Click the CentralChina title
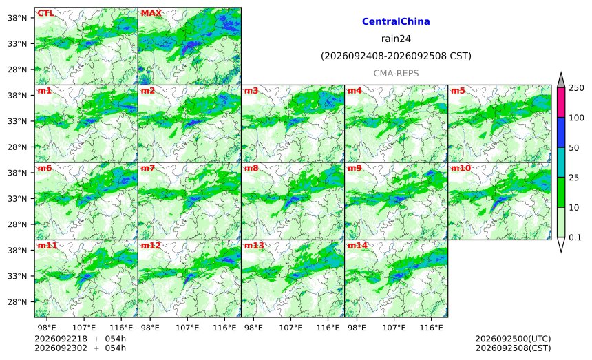396,21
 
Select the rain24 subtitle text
396,39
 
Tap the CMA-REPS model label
396,73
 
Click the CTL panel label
45,13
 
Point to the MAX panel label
151,13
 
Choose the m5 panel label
458,91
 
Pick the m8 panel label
251,168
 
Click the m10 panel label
461,168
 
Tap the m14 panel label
357,246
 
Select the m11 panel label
47,246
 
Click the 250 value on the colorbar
577,88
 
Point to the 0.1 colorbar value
575,237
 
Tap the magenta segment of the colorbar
561,103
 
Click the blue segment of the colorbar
561,132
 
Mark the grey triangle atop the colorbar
561,80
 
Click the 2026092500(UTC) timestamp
513,339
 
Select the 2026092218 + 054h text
80,339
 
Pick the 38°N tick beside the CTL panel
17,18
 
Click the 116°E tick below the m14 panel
431,328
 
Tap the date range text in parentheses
396,56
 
